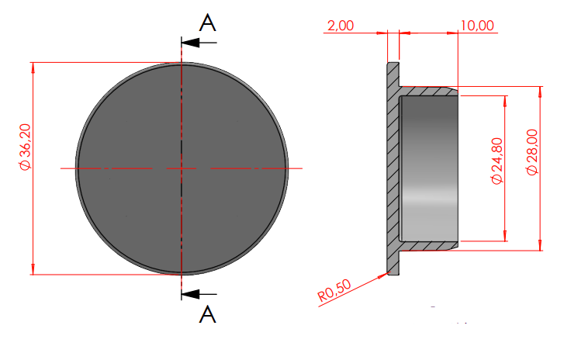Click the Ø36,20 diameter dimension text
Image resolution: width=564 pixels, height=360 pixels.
(x=26, y=147)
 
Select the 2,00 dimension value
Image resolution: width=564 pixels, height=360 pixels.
(x=341, y=26)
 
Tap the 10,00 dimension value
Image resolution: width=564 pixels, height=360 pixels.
(x=477, y=26)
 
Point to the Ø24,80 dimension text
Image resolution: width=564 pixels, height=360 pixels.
(x=497, y=161)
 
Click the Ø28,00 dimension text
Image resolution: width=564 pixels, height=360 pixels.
(x=532, y=152)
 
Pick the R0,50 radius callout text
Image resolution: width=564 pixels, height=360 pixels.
(x=334, y=291)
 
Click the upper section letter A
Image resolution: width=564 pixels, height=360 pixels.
(x=208, y=23)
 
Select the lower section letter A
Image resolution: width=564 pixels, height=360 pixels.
(x=208, y=314)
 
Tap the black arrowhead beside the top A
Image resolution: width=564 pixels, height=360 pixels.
(x=190, y=43)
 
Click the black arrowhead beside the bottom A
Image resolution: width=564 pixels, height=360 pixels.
(x=190, y=294)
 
